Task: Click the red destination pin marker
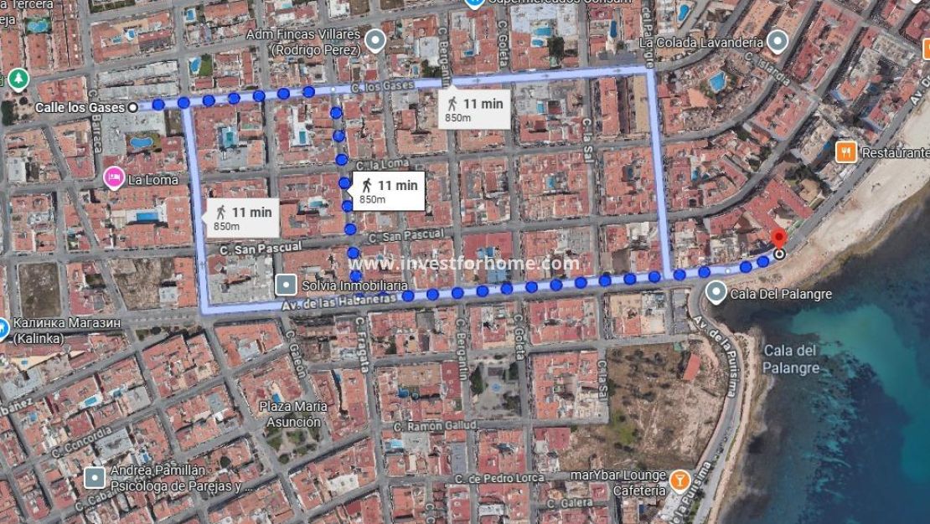pos(778,238)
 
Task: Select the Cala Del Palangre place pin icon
pos(716,292)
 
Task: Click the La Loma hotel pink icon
pos(112,177)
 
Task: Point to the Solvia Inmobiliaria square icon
pos(287,285)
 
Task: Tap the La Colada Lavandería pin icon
pos(779,41)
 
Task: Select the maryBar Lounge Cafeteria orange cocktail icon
pos(679,480)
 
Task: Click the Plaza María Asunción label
pos(290,414)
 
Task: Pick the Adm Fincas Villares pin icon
pos(375,39)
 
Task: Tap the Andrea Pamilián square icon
pos(95,478)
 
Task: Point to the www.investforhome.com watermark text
pos(464,264)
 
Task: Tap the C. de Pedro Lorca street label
pos(495,476)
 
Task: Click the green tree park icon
pos(17,80)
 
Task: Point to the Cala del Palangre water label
pos(790,358)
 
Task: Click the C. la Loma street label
pos(382,164)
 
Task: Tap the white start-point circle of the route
pos(133,107)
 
